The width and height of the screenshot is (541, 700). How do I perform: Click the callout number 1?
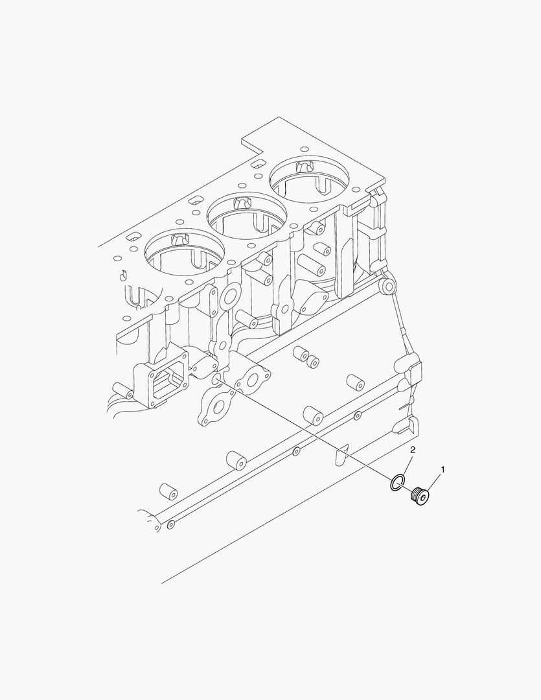coord(443,467)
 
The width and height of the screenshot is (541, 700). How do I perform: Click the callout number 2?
coord(412,449)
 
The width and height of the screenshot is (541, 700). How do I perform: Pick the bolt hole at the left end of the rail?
coord(170,524)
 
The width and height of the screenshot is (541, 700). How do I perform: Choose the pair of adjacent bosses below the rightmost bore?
coord(306,358)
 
